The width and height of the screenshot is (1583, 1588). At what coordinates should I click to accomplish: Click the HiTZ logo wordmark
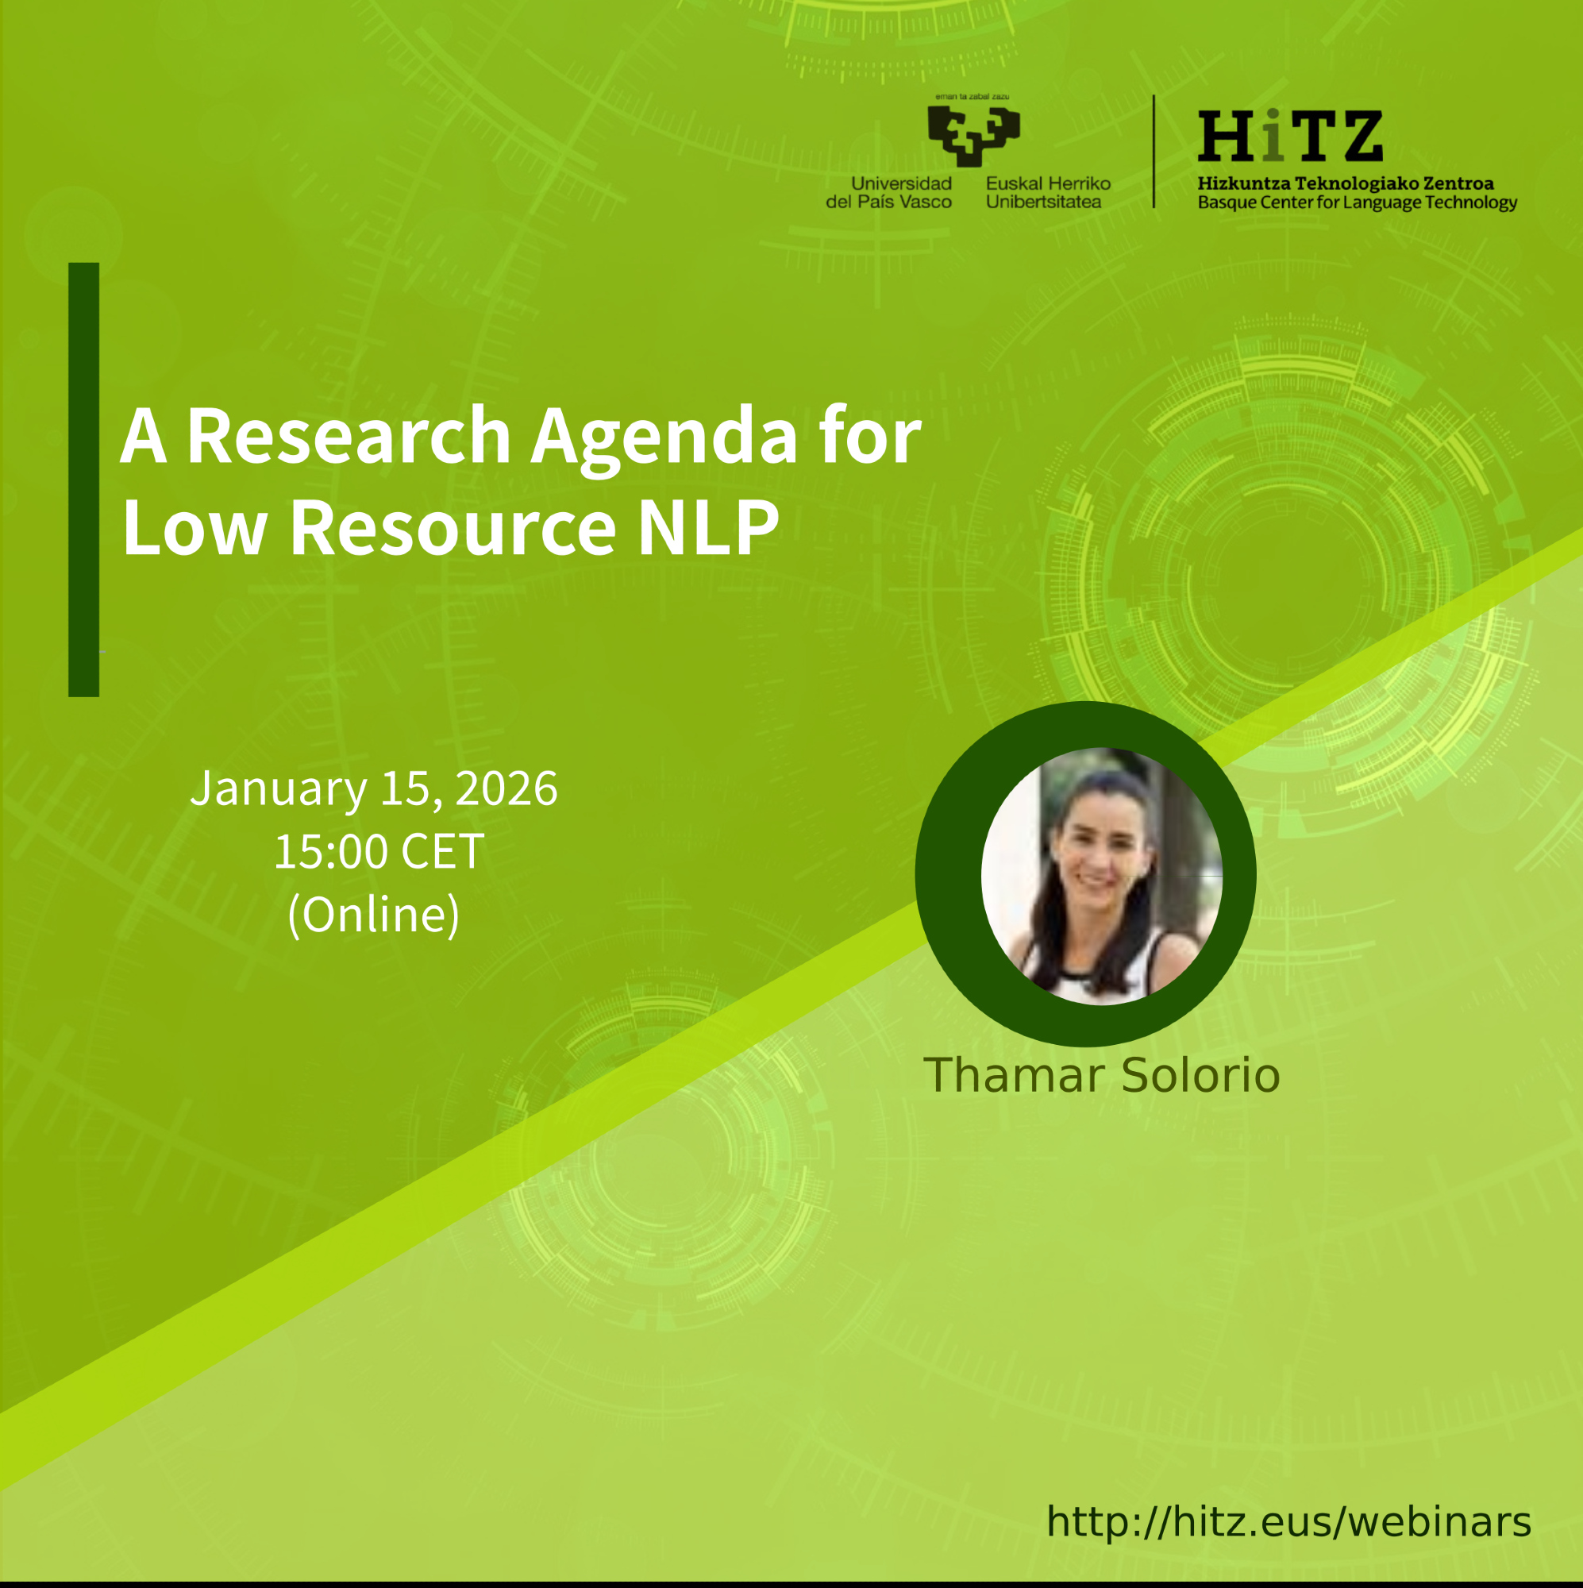click(1289, 137)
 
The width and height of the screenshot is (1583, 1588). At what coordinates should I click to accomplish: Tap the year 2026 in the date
click(506, 788)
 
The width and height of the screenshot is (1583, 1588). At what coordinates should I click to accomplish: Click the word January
click(279, 789)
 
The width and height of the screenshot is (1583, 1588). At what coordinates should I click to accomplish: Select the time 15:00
click(331, 850)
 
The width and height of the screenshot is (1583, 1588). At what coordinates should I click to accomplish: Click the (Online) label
click(374, 914)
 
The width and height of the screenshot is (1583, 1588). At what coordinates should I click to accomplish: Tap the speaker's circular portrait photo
click(1101, 877)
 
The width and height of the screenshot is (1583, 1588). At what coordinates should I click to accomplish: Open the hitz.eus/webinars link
click(1288, 1521)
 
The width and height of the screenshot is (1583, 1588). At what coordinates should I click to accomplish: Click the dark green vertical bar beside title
click(84, 480)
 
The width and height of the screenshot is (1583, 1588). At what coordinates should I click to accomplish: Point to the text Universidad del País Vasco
click(888, 192)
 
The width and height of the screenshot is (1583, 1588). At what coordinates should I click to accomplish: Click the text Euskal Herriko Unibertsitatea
click(1048, 192)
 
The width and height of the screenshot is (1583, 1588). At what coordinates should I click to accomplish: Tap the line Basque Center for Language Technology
click(1357, 202)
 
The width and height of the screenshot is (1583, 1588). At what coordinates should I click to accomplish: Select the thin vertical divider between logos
click(1154, 151)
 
